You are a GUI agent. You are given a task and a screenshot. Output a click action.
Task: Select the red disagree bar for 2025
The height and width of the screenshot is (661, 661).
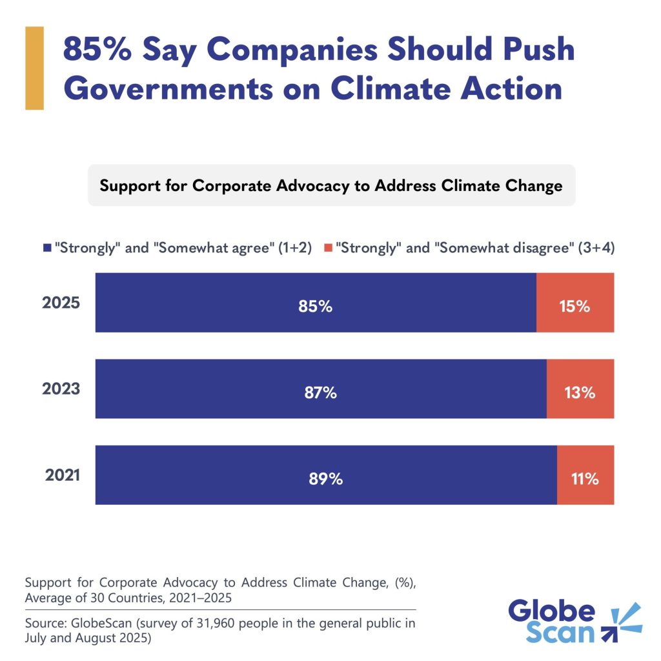pos(575,302)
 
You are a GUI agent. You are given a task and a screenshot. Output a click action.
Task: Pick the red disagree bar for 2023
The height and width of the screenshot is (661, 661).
pos(580,389)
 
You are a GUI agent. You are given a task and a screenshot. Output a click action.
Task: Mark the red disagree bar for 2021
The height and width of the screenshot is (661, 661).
pos(585,474)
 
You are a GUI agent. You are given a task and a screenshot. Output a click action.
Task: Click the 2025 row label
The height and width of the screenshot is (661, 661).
pos(61,303)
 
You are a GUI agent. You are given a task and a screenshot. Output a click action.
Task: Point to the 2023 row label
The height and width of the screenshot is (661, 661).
pos(61,389)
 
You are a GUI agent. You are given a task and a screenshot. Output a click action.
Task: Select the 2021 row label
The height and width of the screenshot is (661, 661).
pos(63,475)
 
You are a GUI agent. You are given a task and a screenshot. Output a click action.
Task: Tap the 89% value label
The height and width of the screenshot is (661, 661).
pos(326,479)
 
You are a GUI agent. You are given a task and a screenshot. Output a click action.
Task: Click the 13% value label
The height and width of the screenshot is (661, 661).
pos(579,392)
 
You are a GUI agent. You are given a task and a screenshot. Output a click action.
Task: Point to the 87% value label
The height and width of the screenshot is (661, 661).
pos(321,392)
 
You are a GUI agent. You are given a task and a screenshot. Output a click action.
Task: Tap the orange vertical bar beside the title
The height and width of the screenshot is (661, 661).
pos(34,68)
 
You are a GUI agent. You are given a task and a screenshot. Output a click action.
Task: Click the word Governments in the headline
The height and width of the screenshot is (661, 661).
pos(168,88)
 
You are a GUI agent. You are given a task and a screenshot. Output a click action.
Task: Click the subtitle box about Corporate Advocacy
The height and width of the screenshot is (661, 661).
pos(331,186)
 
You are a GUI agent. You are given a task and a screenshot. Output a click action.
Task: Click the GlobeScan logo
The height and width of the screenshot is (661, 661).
pos(575,621)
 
